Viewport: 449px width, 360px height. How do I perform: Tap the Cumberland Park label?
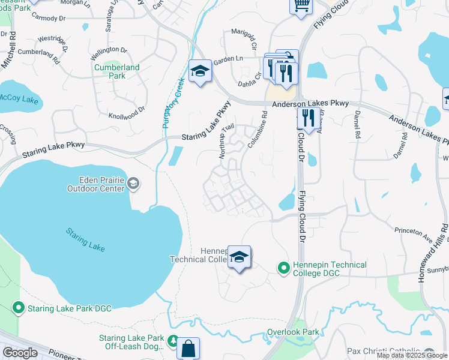click(117, 71)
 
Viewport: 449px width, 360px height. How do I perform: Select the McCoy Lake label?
click(18, 99)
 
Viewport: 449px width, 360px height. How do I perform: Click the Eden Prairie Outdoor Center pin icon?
click(133, 184)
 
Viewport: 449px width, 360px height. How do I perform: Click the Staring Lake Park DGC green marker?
click(18, 308)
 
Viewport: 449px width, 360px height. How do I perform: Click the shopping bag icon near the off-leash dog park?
click(188, 348)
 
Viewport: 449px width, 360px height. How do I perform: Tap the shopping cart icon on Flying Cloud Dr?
click(301, 6)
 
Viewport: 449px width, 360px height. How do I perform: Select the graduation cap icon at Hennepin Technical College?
click(239, 257)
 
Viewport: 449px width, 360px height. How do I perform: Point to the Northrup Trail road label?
click(226, 142)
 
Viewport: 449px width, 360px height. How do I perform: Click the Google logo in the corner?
click(20, 353)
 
